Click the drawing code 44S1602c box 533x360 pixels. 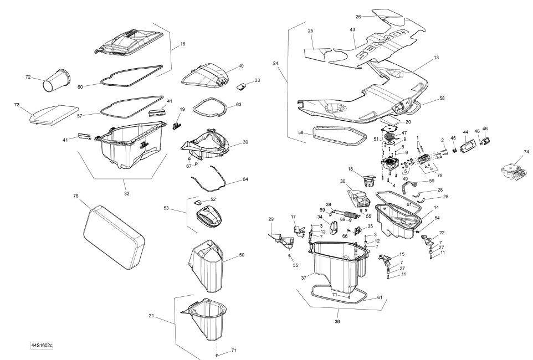[46, 346]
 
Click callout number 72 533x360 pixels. [28, 76]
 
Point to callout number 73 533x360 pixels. [17, 104]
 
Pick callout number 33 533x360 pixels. [257, 81]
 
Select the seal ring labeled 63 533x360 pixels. [210, 106]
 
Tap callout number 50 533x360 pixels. [242, 255]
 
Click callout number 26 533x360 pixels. [358, 17]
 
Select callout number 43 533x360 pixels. [352, 29]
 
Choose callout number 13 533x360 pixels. [436, 58]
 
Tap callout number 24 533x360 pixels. [275, 64]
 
